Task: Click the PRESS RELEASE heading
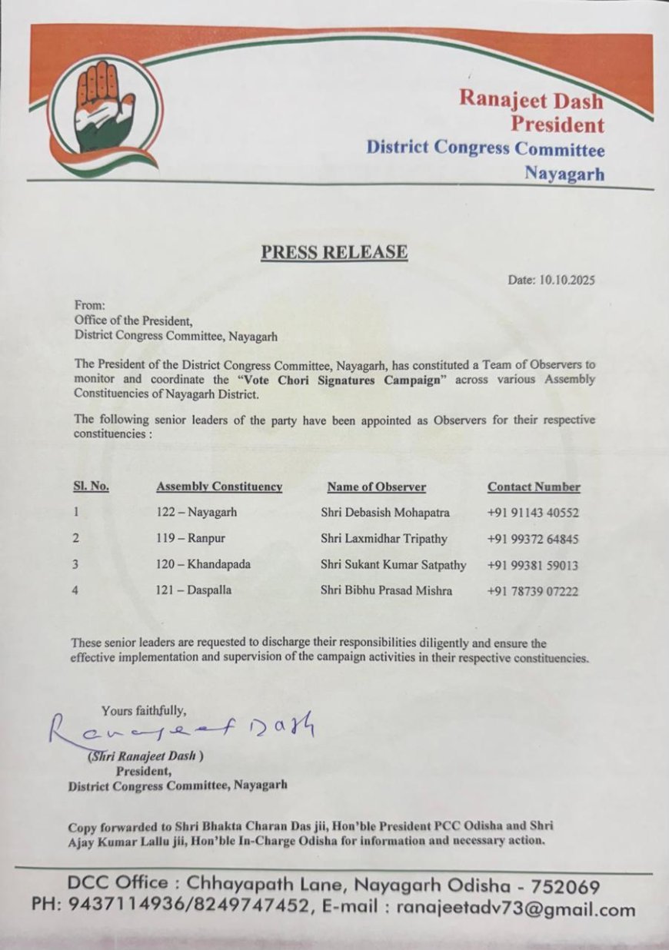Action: pos(334,252)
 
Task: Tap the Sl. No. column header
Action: pos(91,487)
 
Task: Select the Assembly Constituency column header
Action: pos(219,487)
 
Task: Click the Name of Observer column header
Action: pos(376,487)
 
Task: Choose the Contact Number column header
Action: pos(534,487)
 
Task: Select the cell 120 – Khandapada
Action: pos(202,564)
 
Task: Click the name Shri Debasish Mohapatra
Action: pos(385,512)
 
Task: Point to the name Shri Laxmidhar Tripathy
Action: pos(384,538)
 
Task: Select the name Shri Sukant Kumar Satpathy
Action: pos(394,564)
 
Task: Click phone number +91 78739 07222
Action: pos(533,591)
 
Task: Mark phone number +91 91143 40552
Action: pos(533,512)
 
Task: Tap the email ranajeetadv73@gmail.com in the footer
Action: pos(516,909)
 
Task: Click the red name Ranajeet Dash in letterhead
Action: pos(531,99)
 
